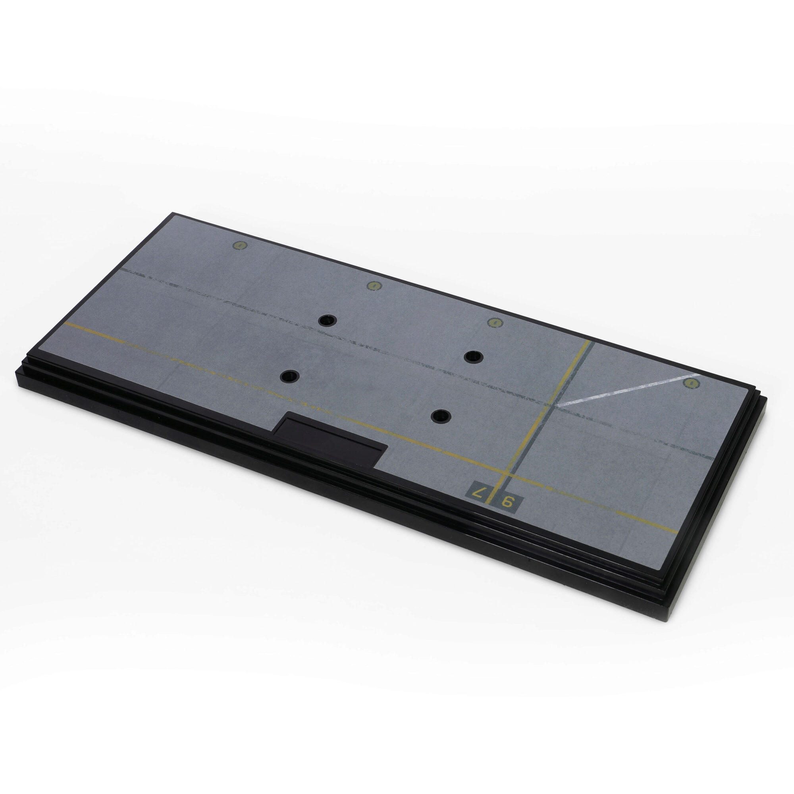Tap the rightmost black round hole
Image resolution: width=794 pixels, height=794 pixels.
(474, 357)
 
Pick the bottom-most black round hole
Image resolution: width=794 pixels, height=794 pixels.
(441, 416)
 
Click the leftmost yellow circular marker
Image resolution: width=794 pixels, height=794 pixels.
(240, 246)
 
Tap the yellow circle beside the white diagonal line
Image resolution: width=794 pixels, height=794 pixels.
(691, 383)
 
